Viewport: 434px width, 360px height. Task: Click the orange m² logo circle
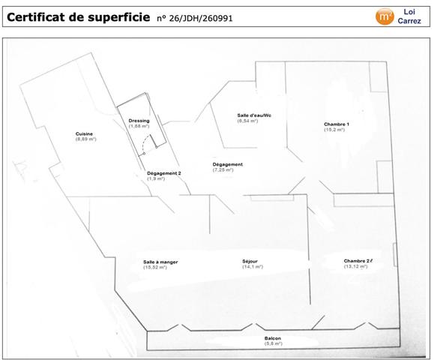pos(385,17)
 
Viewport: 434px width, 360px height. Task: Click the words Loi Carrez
pos(409,16)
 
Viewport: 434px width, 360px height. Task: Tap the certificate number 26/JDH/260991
pos(200,18)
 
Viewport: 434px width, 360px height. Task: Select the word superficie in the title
pos(119,17)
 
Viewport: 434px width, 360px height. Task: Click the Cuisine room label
pos(84,133)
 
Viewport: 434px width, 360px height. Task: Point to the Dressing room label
pos(139,121)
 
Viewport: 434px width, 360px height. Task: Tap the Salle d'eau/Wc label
pos(254,115)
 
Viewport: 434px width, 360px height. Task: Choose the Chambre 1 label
pos(337,124)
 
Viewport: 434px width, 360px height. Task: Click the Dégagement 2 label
pos(164,173)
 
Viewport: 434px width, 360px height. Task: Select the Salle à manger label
pos(160,262)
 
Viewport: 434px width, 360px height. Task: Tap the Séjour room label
pos(250,261)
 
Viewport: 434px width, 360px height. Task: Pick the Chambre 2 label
pos(357,261)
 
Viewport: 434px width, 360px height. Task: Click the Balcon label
pos(273,338)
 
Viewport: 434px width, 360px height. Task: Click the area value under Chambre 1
pos(334,130)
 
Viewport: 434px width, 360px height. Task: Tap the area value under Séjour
pos(253,267)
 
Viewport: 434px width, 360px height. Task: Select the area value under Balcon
pos(273,343)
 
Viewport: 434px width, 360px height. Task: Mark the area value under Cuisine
pos(85,139)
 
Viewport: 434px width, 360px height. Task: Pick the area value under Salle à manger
pos(155,268)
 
